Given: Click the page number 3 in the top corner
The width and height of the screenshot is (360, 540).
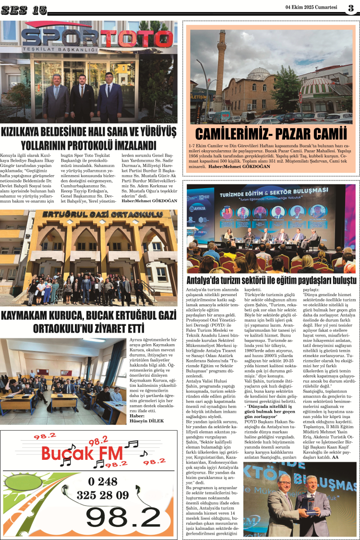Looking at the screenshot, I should click(351, 7).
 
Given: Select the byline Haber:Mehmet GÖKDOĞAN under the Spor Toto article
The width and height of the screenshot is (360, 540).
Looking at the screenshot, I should click(149, 201).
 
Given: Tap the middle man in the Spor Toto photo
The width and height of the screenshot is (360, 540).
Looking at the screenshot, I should click(83, 96).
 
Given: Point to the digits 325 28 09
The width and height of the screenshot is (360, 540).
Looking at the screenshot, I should click(102, 494).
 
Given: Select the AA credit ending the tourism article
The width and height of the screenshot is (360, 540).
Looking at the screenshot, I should click(335, 457).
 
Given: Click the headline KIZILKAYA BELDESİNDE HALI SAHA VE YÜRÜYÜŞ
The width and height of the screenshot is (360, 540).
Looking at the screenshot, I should click(88, 131).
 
